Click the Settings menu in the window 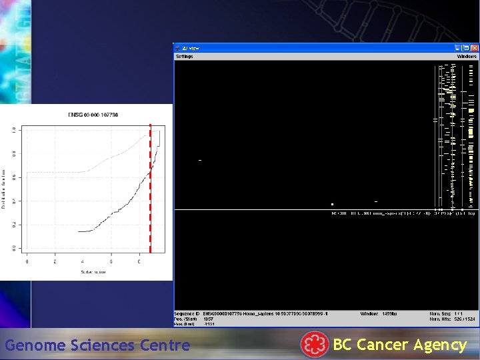(184, 57)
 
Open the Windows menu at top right (467, 57)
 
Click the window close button (474, 48)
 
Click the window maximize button (466, 48)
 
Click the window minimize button (458, 48)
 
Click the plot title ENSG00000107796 (93, 115)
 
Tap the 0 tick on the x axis (27, 261)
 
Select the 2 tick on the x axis (55, 261)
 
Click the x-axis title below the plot (93, 272)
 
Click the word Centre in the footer (165, 345)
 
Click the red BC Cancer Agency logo (314, 345)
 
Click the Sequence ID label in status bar (187, 313)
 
